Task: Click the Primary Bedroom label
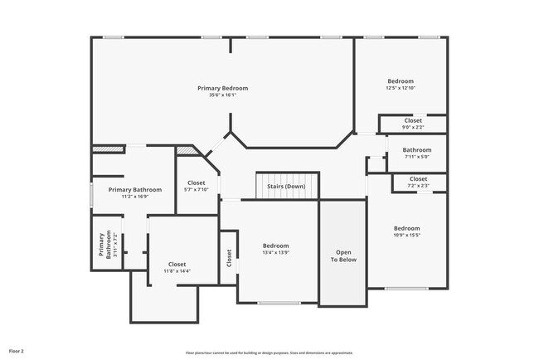(222, 88)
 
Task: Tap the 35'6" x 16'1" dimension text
(222, 95)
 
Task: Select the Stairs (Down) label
(286, 187)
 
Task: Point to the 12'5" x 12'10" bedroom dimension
(400, 88)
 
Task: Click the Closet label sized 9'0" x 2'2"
(413, 120)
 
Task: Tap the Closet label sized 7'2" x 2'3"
(418, 179)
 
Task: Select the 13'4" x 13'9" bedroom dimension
(275, 253)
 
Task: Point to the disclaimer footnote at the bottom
(269, 352)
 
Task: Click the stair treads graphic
(286, 177)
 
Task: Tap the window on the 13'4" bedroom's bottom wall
(278, 304)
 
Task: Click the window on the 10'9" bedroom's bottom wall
(406, 289)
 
